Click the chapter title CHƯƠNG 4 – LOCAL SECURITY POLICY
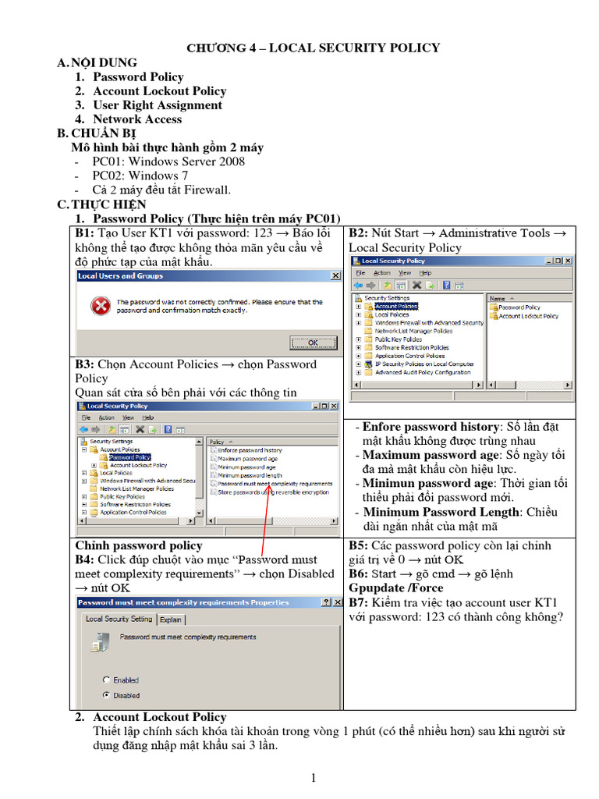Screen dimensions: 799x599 pos(313,48)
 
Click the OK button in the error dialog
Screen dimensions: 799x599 pos(312,342)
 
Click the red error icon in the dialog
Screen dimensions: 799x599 pos(100,306)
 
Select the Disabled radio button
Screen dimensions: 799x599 pos(107,694)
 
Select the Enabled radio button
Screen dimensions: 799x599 pos(107,680)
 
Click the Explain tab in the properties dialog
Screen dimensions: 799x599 pos(171,620)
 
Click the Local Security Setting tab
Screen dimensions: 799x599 pos(119,619)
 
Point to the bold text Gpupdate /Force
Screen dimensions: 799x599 pos(395,588)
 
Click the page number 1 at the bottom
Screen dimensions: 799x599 pos(313,777)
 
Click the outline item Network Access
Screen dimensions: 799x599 pos(137,119)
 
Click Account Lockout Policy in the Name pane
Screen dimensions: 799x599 pos(528,316)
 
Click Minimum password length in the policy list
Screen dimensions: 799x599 pos(250,475)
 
